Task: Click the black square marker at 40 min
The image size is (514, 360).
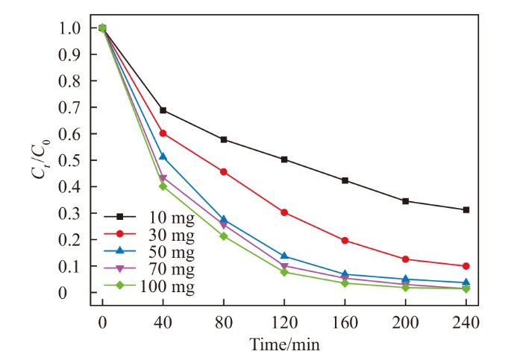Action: [163, 110]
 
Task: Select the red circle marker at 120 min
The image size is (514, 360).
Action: [283, 212]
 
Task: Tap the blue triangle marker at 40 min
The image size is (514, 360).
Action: [163, 157]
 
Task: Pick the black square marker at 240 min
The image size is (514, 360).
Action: [466, 209]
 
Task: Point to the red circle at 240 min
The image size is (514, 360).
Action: [466, 266]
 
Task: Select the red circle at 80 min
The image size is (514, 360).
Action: [223, 171]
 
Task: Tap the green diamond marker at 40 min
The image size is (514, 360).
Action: [163, 186]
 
